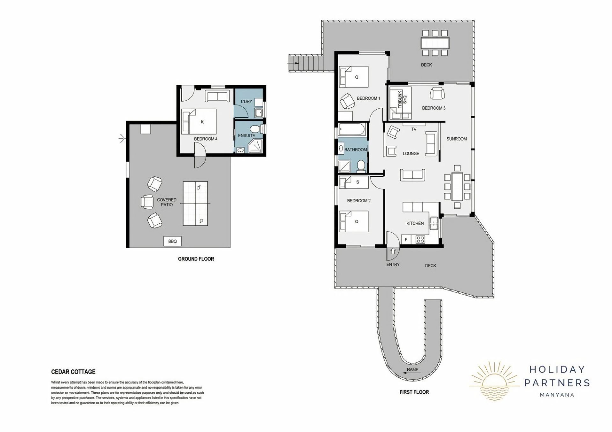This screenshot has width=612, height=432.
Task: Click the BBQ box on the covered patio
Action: click(x=172, y=241)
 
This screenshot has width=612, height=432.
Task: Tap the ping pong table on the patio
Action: click(x=195, y=204)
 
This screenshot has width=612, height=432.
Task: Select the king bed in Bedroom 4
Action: click(x=199, y=121)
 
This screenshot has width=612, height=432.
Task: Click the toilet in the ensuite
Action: click(x=255, y=129)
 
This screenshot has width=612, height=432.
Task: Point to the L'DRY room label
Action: click(x=246, y=101)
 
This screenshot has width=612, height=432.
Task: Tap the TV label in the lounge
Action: click(x=414, y=129)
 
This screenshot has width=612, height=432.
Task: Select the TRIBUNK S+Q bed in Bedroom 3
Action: click(x=400, y=103)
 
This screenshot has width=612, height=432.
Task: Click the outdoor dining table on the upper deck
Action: click(x=435, y=43)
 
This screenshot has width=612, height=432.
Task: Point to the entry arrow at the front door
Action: click(x=393, y=251)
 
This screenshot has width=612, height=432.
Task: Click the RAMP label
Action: click(x=412, y=370)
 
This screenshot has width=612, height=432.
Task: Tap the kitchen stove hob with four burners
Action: click(x=420, y=239)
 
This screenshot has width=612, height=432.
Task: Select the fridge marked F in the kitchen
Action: click(x=406, y=240)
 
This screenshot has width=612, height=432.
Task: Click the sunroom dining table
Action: click(x=457, y=186)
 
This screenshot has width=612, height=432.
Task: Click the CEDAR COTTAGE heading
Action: click(x=73, y=372)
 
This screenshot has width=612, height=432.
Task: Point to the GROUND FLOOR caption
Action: click(x=196, y=259)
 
